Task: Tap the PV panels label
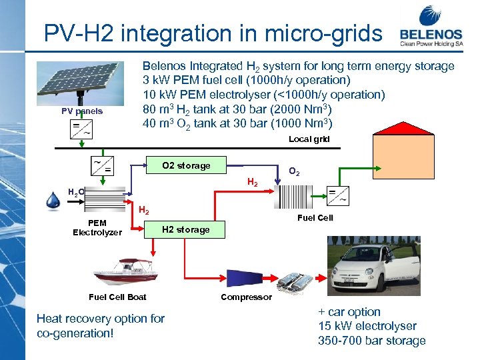pyautogui.click(x=83, y=111)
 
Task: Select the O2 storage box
pyautogui.click(x=186, y=165)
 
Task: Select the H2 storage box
pyautogui.click(x=186, y=229)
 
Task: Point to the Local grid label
pyautogui.click(x=309, y=139)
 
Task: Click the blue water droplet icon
pyautogui.click(x=54, y=201)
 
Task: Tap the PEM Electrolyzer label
pyautogui.click(x=97, y=227)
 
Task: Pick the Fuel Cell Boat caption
pyautogui.click(x=117, y=297)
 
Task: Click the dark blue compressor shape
pyautogui.click(x=250, y=279)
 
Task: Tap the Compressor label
pyautogui.click(x=247, y=297)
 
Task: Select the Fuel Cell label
pyautogui.click(x=315, y=218)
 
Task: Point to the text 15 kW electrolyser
pyautogui.click(x=367, y=326)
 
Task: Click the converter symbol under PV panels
pyautogui.click(x=82, y=129)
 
